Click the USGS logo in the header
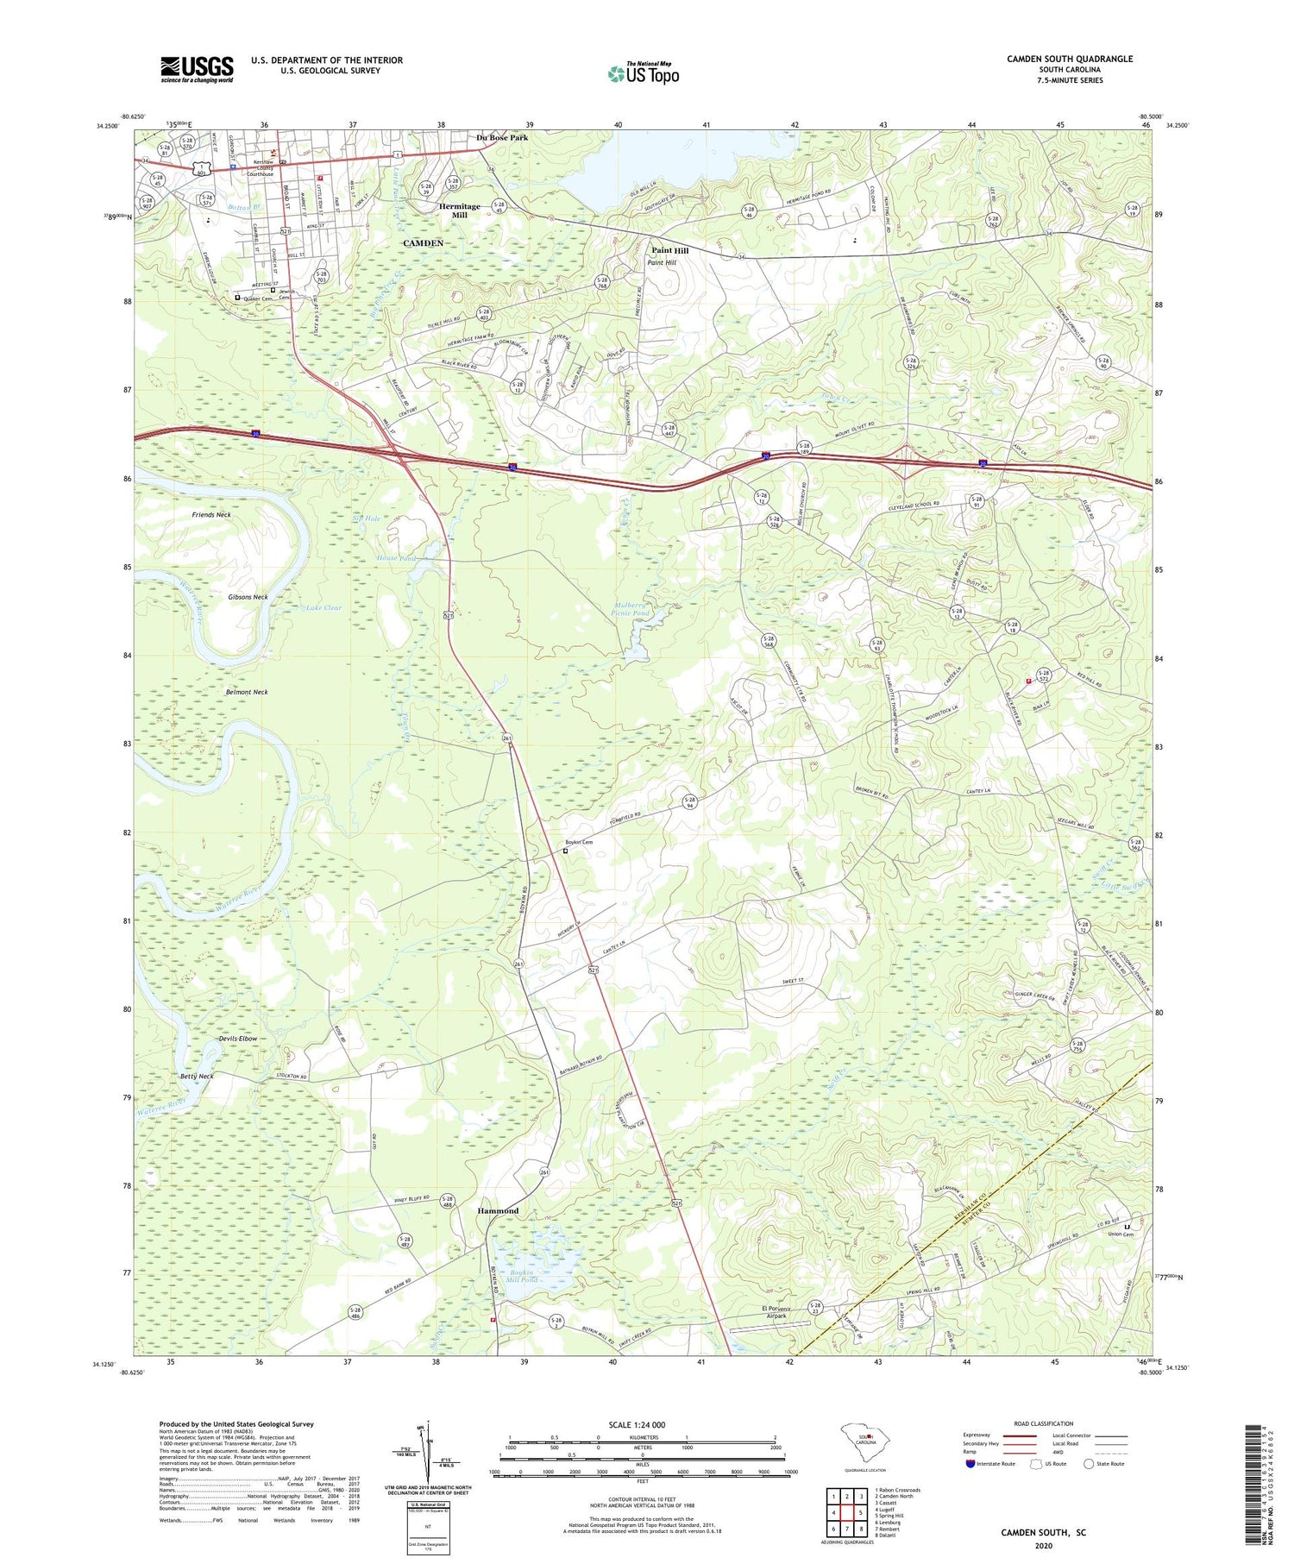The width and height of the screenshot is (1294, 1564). click(x=197, y=69)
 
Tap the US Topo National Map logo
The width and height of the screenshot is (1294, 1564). click(x=643, y=73)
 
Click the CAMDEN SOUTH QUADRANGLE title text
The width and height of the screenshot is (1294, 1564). click(x=1069, y=59)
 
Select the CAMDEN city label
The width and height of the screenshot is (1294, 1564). click(x=423, y=243)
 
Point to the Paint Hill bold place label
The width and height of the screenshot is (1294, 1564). click(x=669, y=250)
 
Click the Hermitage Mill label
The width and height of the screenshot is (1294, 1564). click(x=459, y=211)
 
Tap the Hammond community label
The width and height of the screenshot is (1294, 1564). click(x=498, y=1210)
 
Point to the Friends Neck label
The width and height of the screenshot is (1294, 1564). click(x=211, y=515)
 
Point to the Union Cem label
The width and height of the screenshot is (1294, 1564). click(x=1130, y=1234)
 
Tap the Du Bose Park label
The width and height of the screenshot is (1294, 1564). click(x=502, y=137)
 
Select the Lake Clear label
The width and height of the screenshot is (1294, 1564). click(x=323, y=607)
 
